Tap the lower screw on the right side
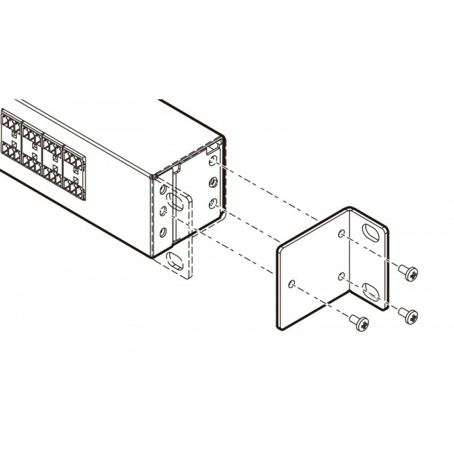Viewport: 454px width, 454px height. [409, 314]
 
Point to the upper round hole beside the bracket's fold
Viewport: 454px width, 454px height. [341, 234]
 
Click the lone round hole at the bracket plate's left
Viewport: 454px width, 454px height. [291, 284]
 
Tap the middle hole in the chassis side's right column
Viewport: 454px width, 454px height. [213, 183]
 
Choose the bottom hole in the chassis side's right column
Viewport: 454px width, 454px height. [213, 205]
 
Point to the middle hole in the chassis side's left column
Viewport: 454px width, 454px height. [163, 211]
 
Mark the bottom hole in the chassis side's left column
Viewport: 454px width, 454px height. [163, 232]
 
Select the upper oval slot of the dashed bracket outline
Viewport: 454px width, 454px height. [175, 203]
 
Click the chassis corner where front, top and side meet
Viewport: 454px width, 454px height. [152, 175]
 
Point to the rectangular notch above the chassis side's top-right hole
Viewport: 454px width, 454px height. [212, 149]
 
